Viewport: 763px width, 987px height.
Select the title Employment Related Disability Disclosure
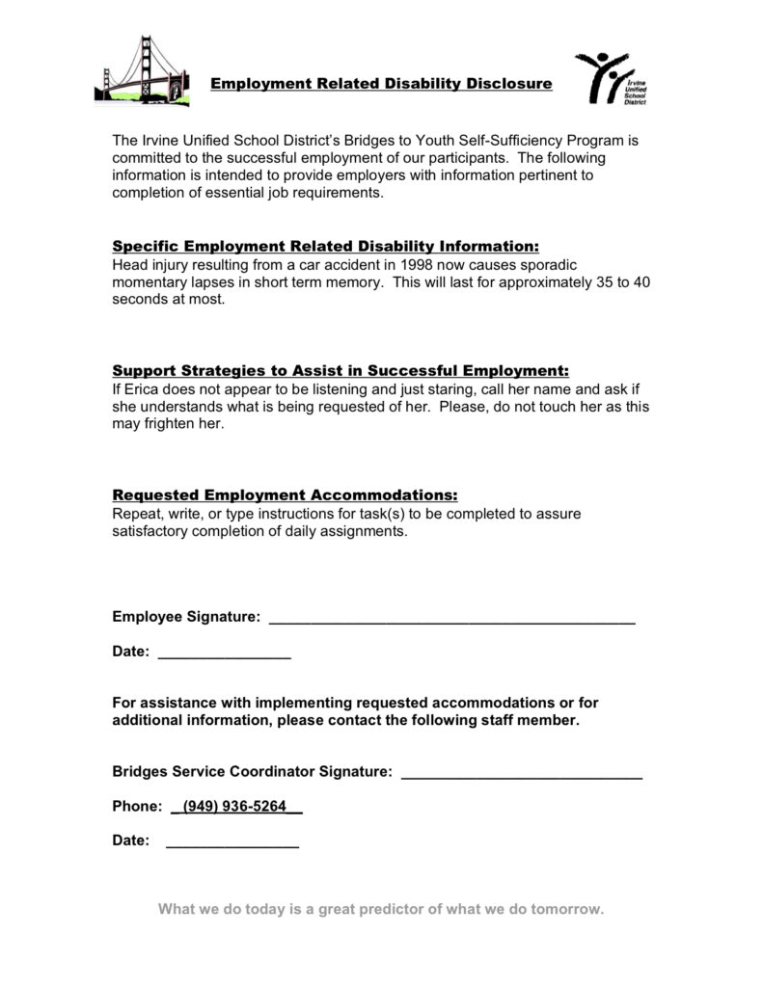tap(382, 84)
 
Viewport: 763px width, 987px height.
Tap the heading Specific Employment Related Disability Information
tap(326, 246)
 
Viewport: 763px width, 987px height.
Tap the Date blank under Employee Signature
tap(224, 654)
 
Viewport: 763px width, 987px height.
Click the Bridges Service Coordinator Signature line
tap(521, 773)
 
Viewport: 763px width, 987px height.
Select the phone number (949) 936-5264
tap(236, 807)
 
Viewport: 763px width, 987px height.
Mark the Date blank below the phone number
tap(232, 842)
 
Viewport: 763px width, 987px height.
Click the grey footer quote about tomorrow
tap(381, 910)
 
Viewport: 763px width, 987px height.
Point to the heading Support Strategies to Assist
tap(341, 371)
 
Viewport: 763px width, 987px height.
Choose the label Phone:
tap(136, 807)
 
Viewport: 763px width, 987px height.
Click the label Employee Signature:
tap(186, 617)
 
